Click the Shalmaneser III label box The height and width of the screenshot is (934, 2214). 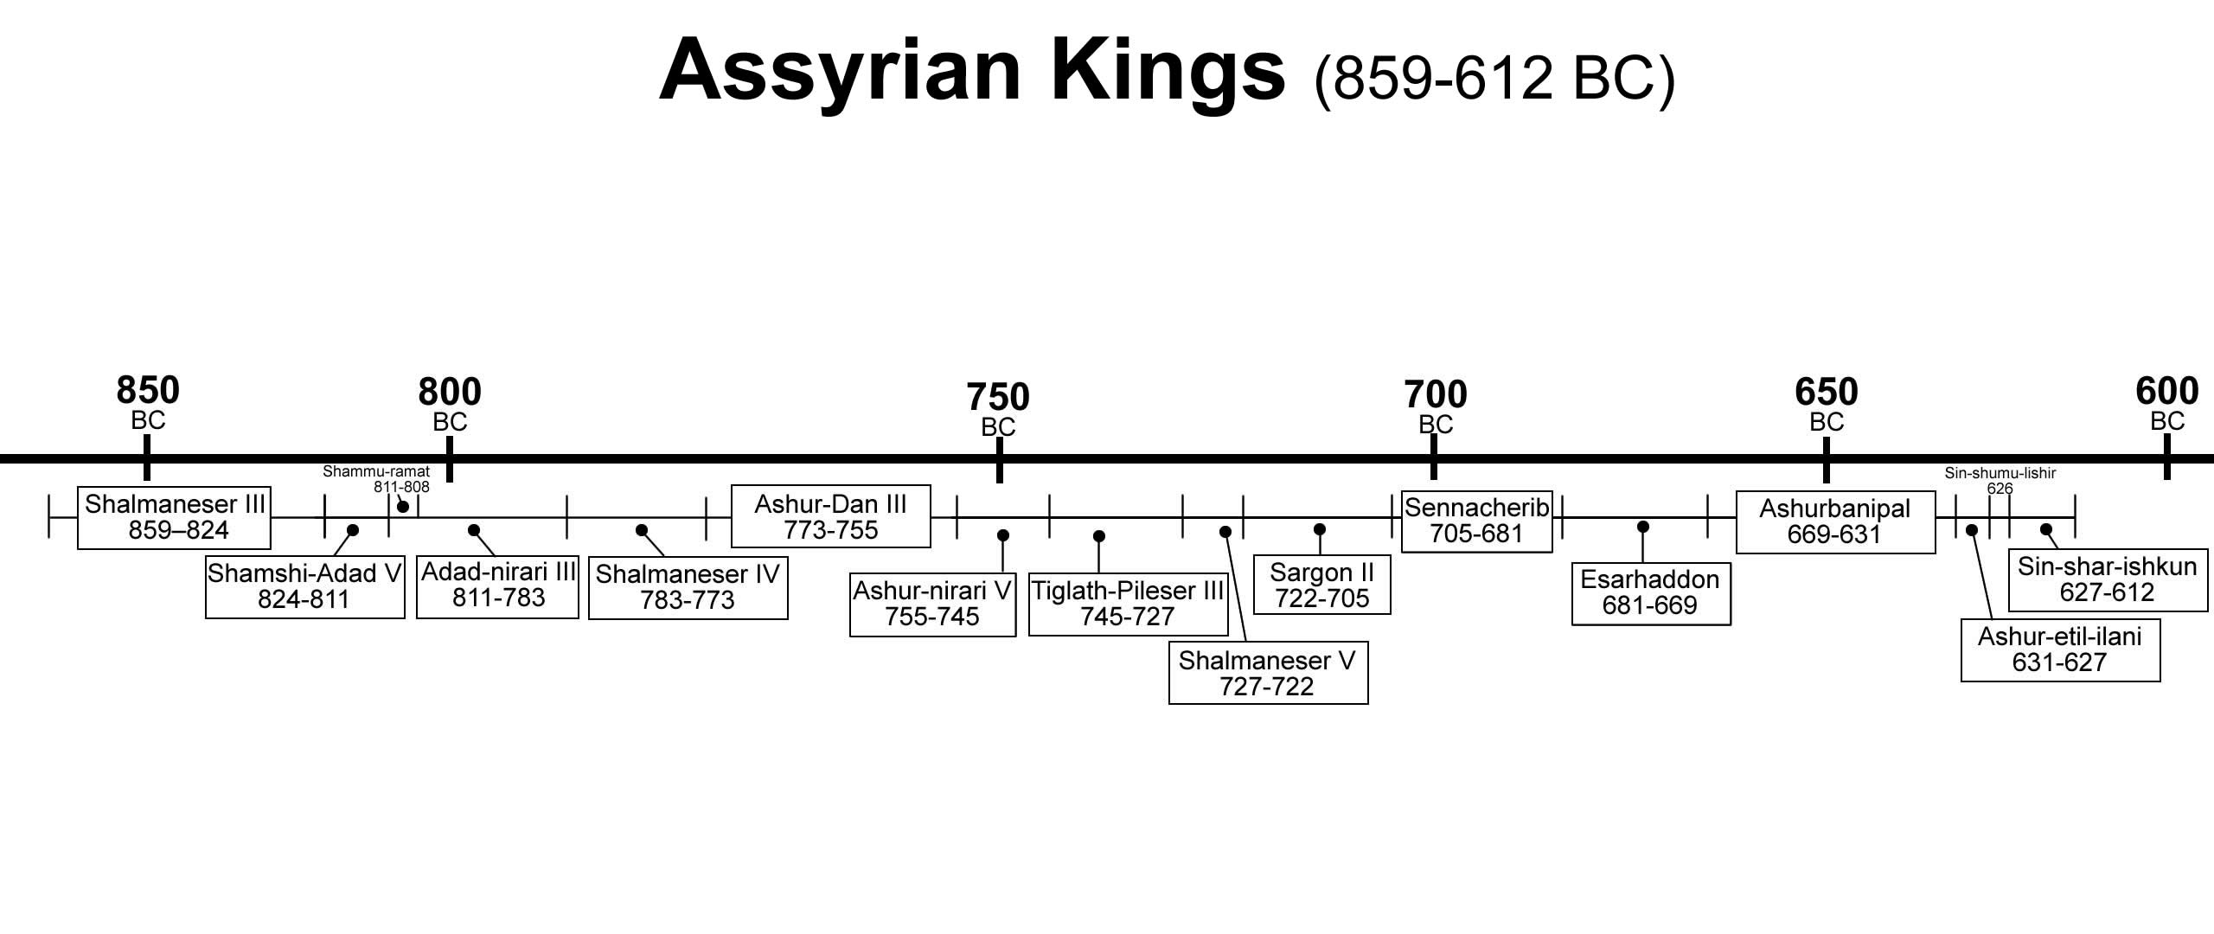point(174,517)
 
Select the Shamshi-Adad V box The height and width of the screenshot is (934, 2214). point(304,587)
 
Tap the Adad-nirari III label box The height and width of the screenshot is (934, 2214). point(497,586)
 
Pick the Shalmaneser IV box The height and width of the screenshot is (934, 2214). point(688,588)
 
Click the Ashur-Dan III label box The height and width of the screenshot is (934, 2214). point(830,516)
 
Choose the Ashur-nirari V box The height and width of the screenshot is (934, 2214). point(932,605)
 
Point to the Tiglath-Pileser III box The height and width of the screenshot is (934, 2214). point(1128,605)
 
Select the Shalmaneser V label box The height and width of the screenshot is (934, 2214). point(1268,673)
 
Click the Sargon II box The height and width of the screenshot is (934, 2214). point(1321,586)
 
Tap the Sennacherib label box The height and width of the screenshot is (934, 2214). point(1476,521)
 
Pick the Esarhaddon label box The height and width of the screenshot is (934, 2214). point(1650,592)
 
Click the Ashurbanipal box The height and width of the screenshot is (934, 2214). point(1835,521)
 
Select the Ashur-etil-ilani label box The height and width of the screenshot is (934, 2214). point(2060,649)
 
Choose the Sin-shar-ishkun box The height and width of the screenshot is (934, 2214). point(2108,579)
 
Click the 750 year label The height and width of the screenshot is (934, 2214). point(998,399)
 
